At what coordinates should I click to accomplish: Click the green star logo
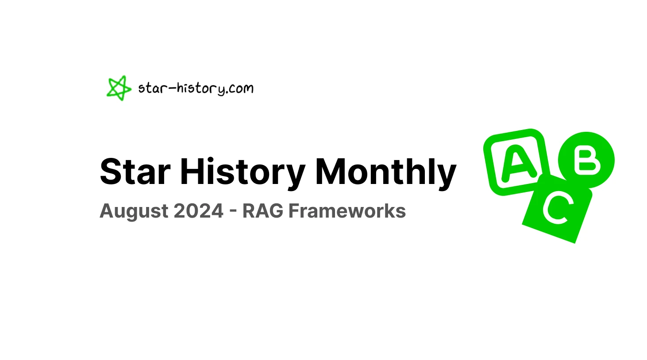[x=118, y=88]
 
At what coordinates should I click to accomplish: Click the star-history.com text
[x=196, y=88]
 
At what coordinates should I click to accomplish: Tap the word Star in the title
[x=135, y=172]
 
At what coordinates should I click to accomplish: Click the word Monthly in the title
[x=385, y=172]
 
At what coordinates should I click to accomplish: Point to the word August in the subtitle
[x=133, y=211]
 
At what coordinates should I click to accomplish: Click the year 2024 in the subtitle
[x=198, y=211]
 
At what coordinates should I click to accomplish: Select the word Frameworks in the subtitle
[x=347, y=211]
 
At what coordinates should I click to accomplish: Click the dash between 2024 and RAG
[x=233, y=212]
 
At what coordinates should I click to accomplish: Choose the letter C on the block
[x=557, y=207]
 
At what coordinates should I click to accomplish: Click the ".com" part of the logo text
[x=239, y=88]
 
